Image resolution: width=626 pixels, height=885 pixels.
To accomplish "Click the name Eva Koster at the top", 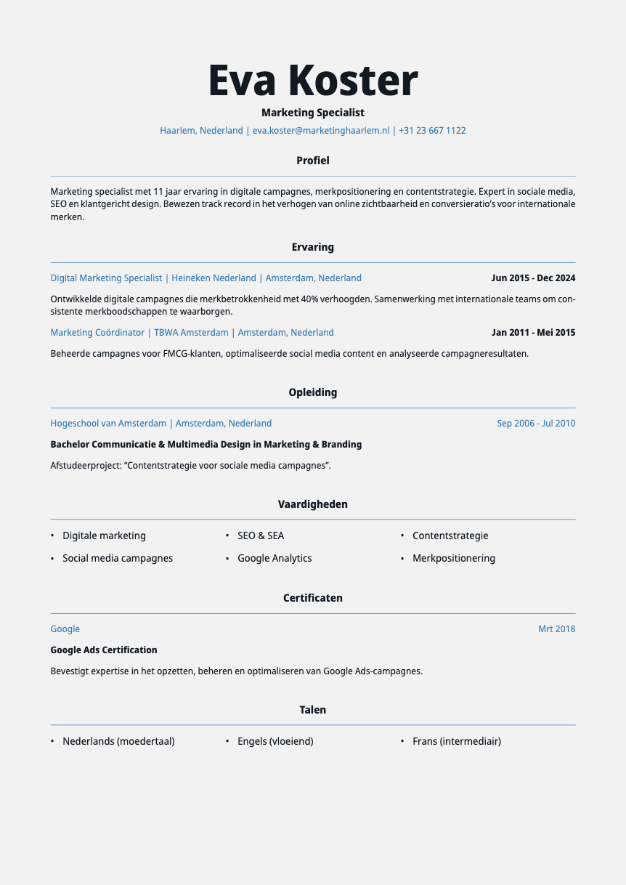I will click(313, 80).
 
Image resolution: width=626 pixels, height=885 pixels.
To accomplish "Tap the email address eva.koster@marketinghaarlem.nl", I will click(321, 131).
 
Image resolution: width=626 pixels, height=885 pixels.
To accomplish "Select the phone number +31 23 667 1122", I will click(432, 131).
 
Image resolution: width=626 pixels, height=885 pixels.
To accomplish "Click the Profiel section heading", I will click(313, 161).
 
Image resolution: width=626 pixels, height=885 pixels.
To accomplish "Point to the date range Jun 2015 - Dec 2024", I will click(533, 278).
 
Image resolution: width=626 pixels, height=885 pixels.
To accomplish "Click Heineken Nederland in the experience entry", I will click(214, 278).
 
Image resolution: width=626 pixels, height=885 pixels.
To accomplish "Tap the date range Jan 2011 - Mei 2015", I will click(533, 333).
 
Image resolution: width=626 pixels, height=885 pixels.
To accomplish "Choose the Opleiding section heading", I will click(313, 392).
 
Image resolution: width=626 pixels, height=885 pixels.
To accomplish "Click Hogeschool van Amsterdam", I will click(108, 424).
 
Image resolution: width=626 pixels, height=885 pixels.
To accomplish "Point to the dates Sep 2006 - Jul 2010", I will click(536, 424).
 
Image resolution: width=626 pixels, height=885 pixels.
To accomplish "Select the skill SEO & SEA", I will click(261, 536).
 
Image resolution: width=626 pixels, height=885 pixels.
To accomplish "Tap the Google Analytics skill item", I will click(275, 559).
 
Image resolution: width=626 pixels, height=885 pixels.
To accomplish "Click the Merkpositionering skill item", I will click(454, 559).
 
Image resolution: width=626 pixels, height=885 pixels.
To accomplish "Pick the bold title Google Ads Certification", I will click(104, 650).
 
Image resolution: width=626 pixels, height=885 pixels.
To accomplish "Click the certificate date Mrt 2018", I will click(556, 629).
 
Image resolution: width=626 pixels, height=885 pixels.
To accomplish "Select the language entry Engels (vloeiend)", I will click(275, 742).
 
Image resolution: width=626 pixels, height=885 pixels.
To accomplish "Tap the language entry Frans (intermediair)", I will click(457, 742).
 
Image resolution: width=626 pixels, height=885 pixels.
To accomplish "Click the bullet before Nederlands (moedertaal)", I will click(52, 742).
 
